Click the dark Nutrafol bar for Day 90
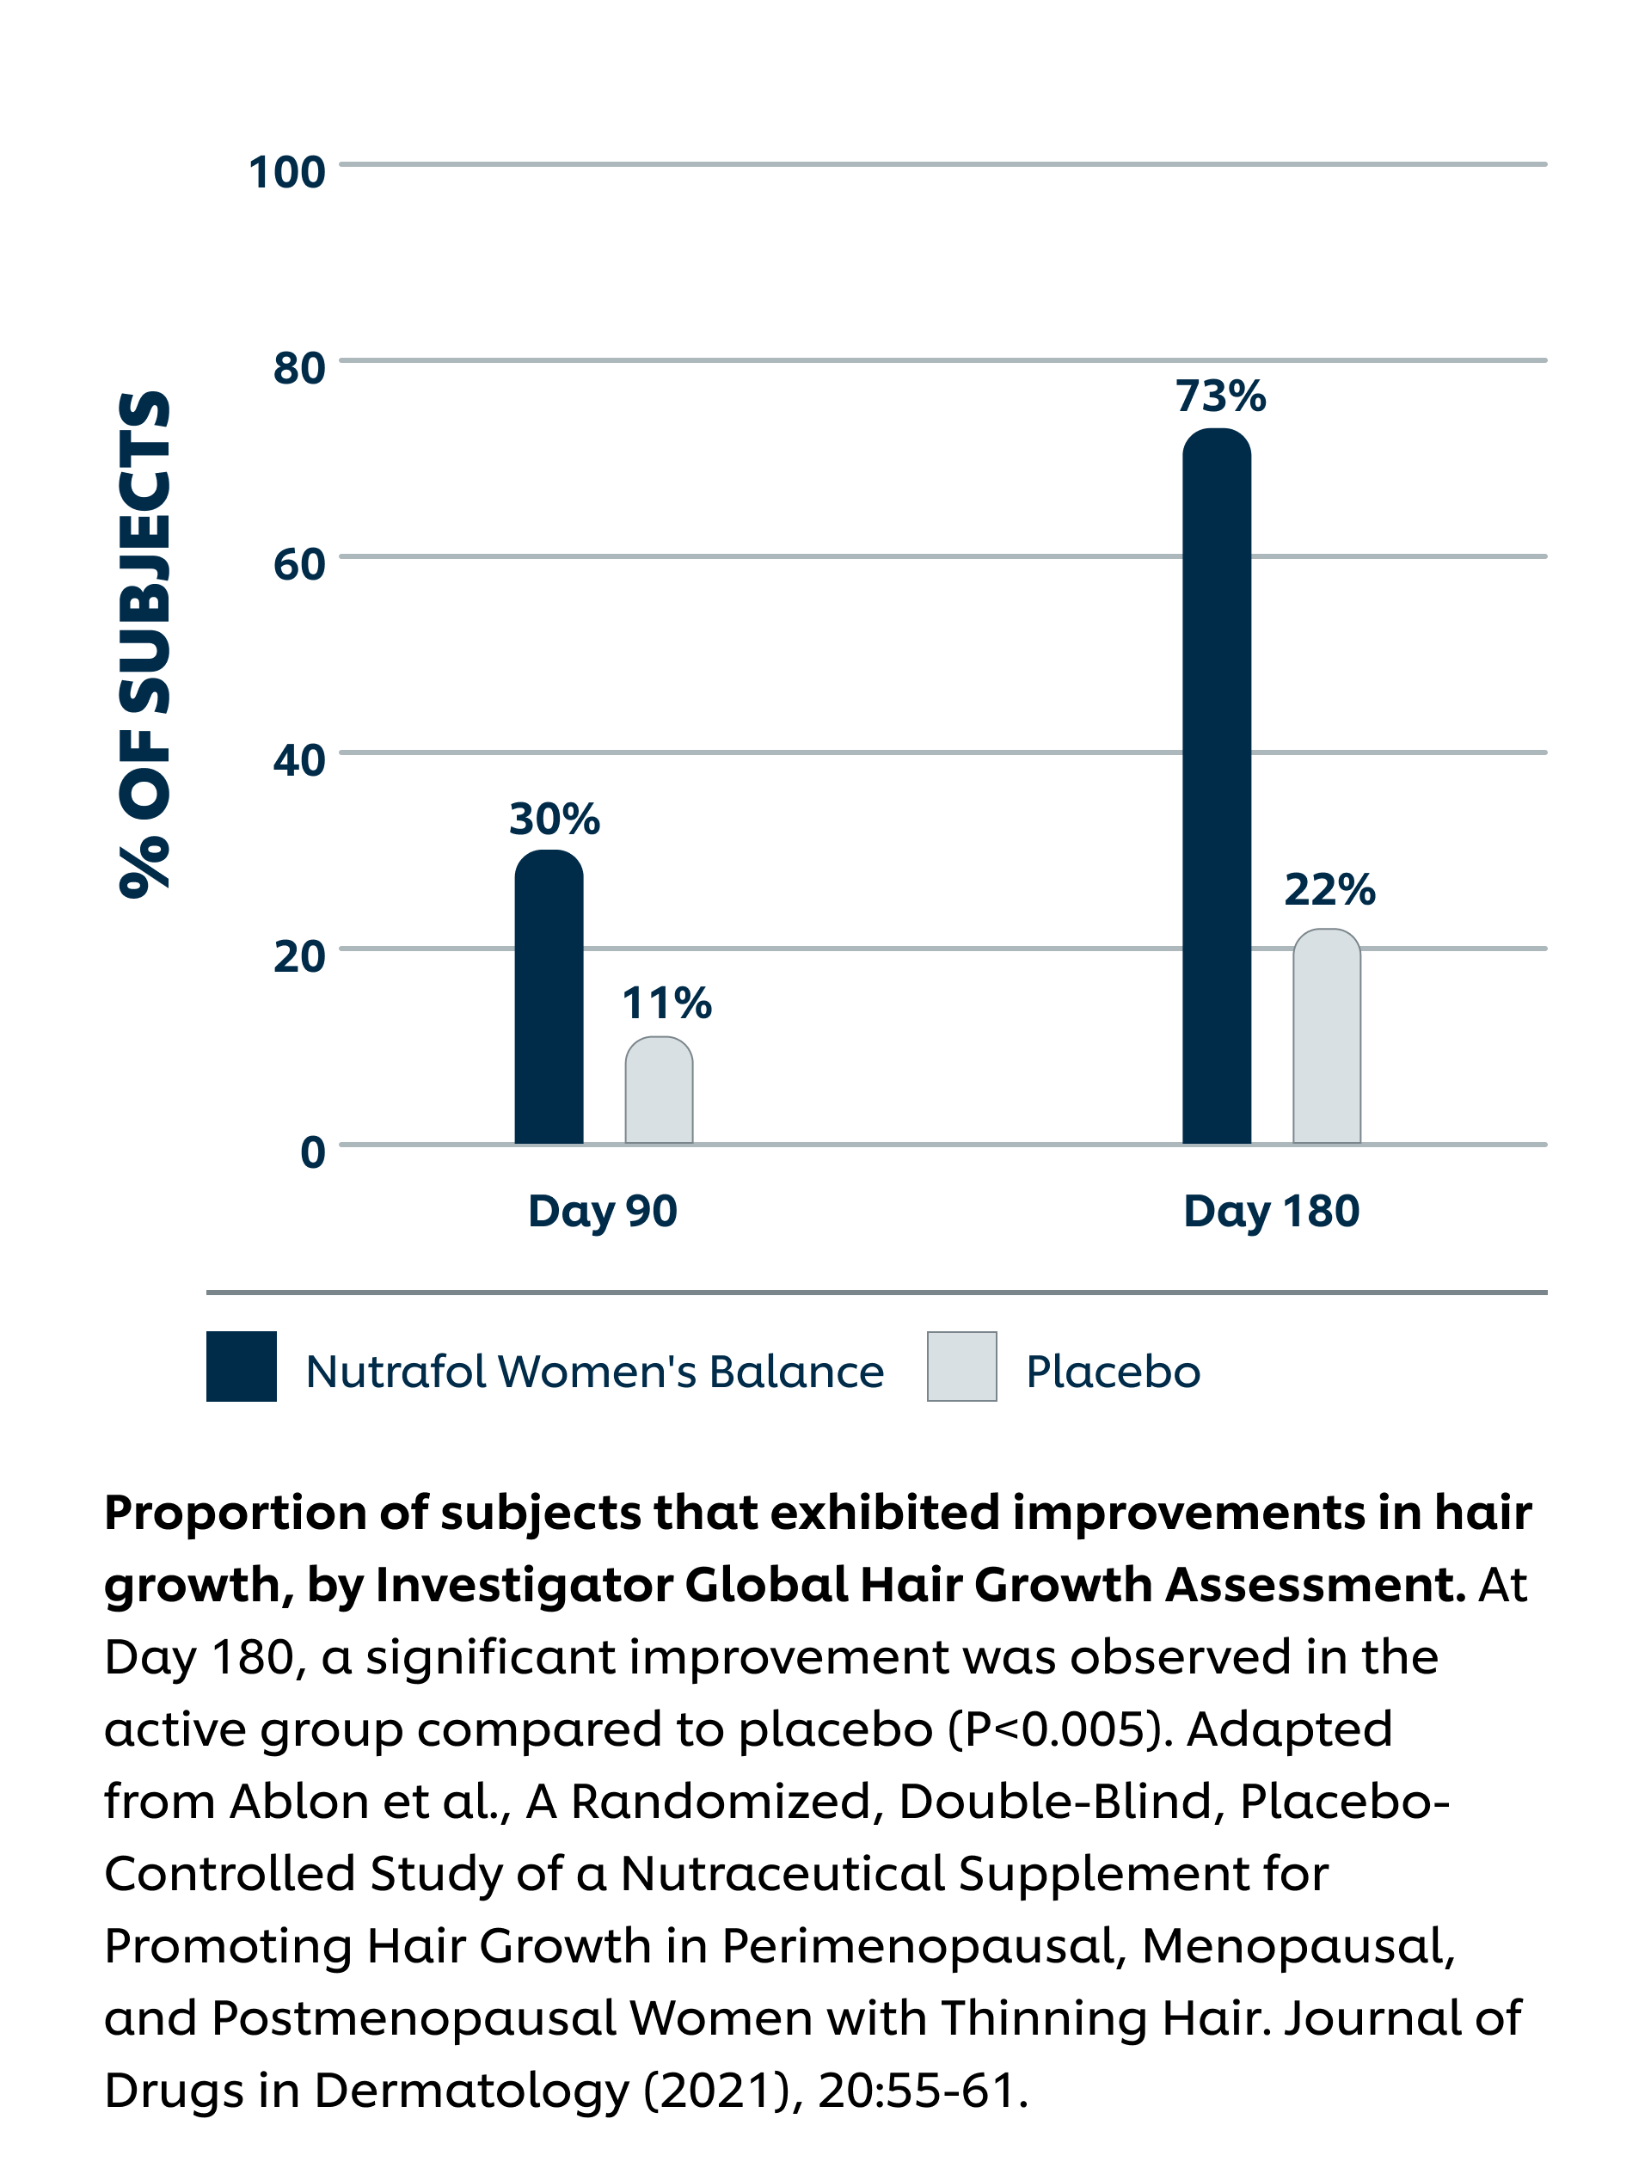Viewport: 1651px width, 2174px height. (x=549, y=998)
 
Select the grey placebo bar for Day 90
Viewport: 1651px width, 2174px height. (x=659, y=1091)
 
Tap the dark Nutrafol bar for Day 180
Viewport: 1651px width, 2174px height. (x=1216, y=786)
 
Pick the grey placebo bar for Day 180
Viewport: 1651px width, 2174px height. (x=1326, y=1037)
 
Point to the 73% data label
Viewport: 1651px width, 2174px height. (x=1220, y=396)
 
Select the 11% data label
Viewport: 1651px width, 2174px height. (x=666, y=1004)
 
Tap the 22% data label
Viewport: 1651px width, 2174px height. (x=1329, y=889)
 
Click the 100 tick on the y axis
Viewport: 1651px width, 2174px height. (x=287, y=172)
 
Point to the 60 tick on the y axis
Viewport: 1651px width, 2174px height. (x=298, y=564)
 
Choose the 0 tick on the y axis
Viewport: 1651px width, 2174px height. (x=312, y=1151)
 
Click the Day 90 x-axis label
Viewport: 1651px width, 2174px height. (x=603, y=1211)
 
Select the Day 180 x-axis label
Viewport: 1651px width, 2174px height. (x=1271, y=1211)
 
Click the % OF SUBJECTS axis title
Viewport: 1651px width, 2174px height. (x=145, y=644)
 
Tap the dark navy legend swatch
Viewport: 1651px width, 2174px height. (x=242, y=1366)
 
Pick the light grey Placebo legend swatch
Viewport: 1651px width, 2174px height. (x=961, y=1366)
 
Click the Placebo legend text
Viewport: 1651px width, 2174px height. (x=1113, y=1372)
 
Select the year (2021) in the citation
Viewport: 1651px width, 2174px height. (x=716, y=2091)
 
